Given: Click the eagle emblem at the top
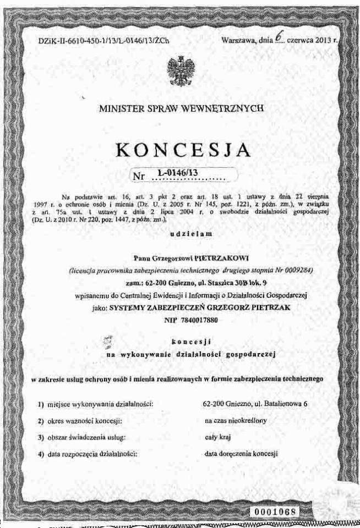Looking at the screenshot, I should pos(179,70).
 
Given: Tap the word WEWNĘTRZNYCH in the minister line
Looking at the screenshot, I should pos(224,108).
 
